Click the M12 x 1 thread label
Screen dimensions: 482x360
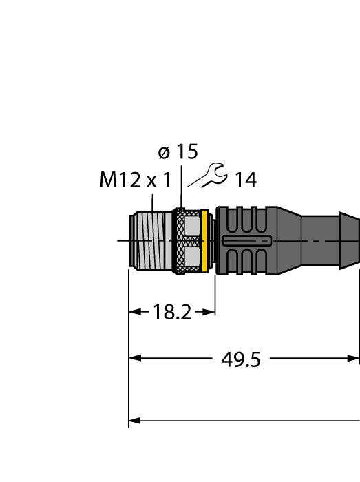point(135,181)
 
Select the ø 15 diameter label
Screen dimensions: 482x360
point(178,152)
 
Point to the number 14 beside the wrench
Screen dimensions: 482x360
point(245,181)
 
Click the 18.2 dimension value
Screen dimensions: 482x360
point(171,313)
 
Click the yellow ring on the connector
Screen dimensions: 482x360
point(204,240)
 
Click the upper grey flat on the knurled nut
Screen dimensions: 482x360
point(192,225)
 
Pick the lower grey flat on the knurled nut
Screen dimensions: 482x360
point(192,258)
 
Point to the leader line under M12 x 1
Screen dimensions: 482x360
point(151,202)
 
